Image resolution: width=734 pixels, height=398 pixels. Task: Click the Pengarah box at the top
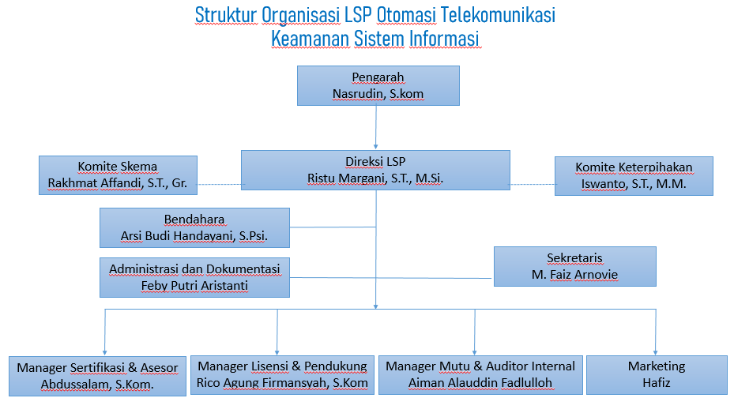378,85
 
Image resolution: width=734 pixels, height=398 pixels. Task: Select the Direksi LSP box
375,170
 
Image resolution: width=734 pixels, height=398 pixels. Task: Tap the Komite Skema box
118,175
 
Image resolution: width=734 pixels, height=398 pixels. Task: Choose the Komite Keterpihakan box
634,175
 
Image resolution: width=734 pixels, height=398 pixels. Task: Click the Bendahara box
194,227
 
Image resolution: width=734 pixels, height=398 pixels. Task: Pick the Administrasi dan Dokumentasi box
194,276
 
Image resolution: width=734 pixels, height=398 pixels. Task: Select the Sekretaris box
574,266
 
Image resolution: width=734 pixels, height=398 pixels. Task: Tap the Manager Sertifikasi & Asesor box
97,376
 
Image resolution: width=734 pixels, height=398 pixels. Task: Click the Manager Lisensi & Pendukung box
282,374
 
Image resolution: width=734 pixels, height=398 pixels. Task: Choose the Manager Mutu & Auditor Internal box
481,374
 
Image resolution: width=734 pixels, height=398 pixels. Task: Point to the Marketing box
656,374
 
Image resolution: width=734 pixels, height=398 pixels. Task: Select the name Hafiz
656,383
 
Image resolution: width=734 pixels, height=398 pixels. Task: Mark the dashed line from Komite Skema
219,186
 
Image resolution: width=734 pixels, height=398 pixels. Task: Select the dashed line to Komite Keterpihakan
532,186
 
